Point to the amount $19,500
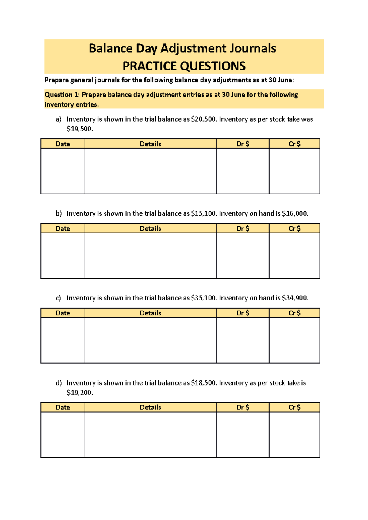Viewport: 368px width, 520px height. tap(79, 129)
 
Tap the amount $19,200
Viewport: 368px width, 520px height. tap(79, 393)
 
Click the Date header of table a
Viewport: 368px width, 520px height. tap(63, 144)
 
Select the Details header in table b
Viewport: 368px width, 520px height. tap(150, 228)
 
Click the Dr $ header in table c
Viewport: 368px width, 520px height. tap(243, 313)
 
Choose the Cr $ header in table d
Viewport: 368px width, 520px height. tap(294, 407)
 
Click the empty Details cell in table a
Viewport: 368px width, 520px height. tap(150, 171)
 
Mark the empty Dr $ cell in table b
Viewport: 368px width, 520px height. tap(243, 255)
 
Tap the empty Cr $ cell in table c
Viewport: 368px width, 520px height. tap(294, 340)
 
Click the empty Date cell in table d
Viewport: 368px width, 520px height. tap(63, 434)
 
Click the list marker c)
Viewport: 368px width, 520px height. tap(58, 298)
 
